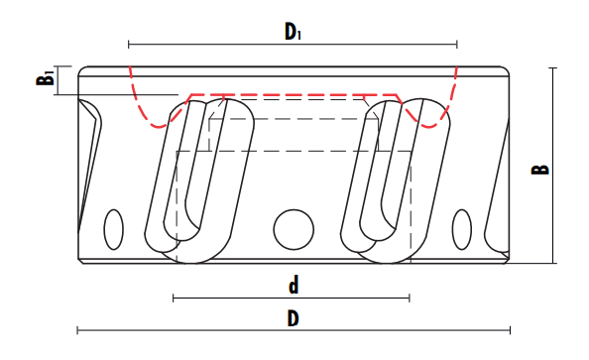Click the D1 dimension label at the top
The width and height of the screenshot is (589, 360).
(x=293, y=31)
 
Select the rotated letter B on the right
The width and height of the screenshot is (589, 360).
(x=539, y=170)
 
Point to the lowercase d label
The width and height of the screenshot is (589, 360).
(x=294, y=285)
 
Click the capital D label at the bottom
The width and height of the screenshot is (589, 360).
(x=293, y=319)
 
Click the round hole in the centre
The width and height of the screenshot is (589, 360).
(x=294, y=230)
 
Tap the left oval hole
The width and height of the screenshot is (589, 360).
(x=113, y=230)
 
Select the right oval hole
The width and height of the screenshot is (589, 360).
(x=462, y=230)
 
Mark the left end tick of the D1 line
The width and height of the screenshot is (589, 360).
(x=129, y=45)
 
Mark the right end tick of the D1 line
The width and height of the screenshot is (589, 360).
(x=457, y=45)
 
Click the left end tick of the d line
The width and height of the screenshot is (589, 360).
(x=174, y=298)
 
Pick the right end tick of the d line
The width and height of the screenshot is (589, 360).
(x=410, y=298)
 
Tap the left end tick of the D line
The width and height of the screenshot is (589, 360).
(x=77, y=330)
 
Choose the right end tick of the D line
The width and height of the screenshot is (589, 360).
(x=510, y=330)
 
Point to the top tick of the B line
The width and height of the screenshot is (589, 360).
(x=552, y=68)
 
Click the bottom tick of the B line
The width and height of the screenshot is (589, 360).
(x=552, y=263)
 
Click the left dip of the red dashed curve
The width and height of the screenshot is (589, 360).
(x=159, y=127)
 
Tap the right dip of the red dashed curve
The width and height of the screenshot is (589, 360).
(x=429, y=127)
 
